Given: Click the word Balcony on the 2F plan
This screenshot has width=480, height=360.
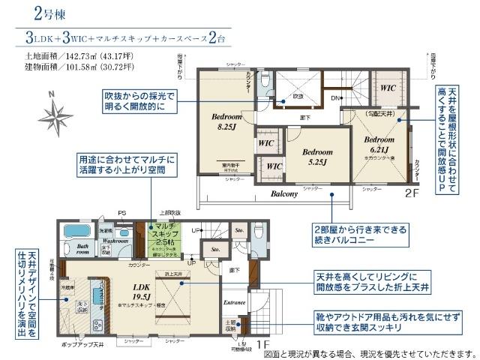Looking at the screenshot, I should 284,193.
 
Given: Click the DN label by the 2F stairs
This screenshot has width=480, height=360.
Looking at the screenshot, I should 335,98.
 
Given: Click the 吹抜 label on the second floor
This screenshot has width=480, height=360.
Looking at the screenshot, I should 297,96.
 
